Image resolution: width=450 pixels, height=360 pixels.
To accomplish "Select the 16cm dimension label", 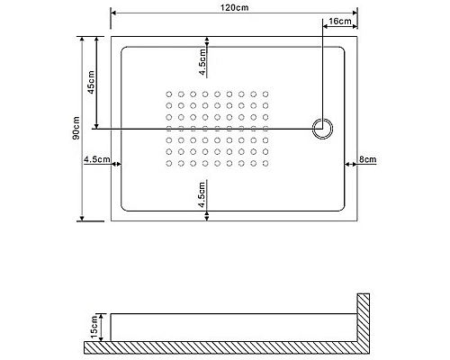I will click(340, 20).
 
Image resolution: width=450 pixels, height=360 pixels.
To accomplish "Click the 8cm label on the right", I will click(367, 160).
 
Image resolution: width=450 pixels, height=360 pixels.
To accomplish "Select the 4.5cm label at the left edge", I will click(94, 160).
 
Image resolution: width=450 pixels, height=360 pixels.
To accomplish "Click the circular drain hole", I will click(320, 128).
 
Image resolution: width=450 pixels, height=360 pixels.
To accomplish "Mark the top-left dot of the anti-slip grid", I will click(169, 93).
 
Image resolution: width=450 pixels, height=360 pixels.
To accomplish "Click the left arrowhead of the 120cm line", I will click(113, 13).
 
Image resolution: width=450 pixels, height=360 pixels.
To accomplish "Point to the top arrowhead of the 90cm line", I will click(84, 40).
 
